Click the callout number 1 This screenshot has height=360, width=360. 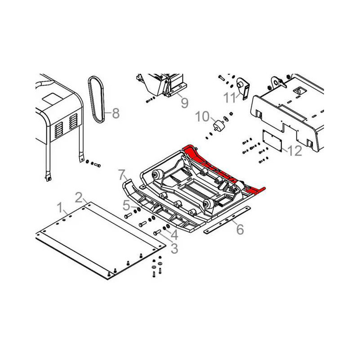[x=60, y=207]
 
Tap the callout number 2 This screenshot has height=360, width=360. [x=79, y=198]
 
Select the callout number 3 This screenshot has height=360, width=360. [x=175, y=248]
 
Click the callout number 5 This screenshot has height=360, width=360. [x=126, y=205]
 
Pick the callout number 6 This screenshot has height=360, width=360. [x=240, y=229]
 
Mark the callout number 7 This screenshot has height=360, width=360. [x=122, y=175]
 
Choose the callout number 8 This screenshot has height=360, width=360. [x=116, y=113]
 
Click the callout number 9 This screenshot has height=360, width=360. [x=184, y=103]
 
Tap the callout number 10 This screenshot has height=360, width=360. [x=202, y=117]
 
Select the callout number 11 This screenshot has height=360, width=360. [x=230, y=98]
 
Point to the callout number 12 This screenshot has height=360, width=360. [x=295, y=151]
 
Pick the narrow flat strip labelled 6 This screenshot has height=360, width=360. [x=227, y=220]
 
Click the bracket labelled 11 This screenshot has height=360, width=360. [x=243, y=89]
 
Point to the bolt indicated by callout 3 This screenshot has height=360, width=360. [x=157, y=233]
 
